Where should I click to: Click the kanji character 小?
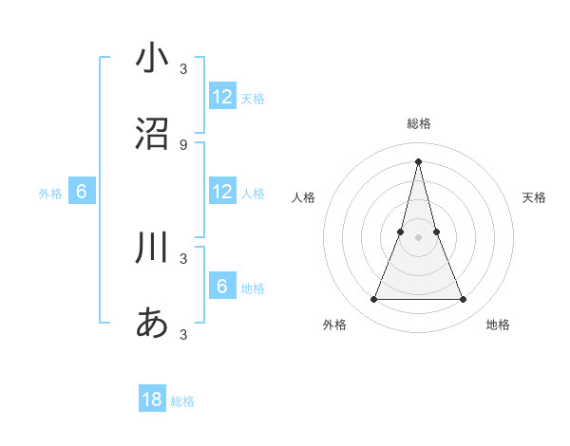(152, 59)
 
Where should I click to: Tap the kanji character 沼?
(152, 135)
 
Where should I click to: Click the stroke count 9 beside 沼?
(183, 144)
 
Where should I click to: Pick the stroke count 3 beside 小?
(183, 68)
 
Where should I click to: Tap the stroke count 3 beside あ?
(183, 334)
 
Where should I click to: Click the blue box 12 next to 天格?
(222, 97)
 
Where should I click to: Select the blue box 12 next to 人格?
(222, 192)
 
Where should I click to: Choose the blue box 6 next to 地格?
(222, 287)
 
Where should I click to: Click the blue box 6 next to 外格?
(82, 192)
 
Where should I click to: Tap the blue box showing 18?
(152, 400)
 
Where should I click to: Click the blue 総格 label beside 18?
(182, 401)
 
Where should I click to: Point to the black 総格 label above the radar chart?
(418, 123)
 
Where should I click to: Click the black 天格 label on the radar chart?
(534, 197)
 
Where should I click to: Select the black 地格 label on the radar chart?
(498, 325)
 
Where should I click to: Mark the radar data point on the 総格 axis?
(418, 160)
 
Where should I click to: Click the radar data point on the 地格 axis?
(464, 300)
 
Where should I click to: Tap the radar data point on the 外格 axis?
(373, 300)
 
